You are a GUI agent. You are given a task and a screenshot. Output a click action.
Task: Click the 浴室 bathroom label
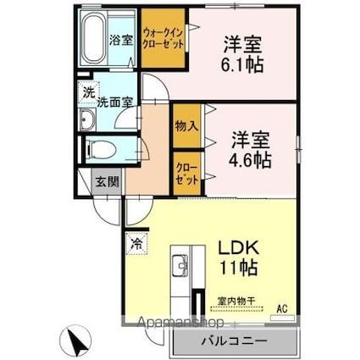121,40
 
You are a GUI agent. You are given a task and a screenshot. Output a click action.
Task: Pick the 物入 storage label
187,126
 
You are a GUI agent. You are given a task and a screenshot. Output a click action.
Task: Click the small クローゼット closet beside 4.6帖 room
187,174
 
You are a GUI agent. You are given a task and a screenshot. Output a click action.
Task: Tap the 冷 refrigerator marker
136,242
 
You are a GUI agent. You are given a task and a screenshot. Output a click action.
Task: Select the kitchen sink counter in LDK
182,271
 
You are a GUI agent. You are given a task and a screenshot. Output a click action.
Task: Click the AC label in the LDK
281,309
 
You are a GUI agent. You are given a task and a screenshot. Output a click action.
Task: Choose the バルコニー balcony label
234,341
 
